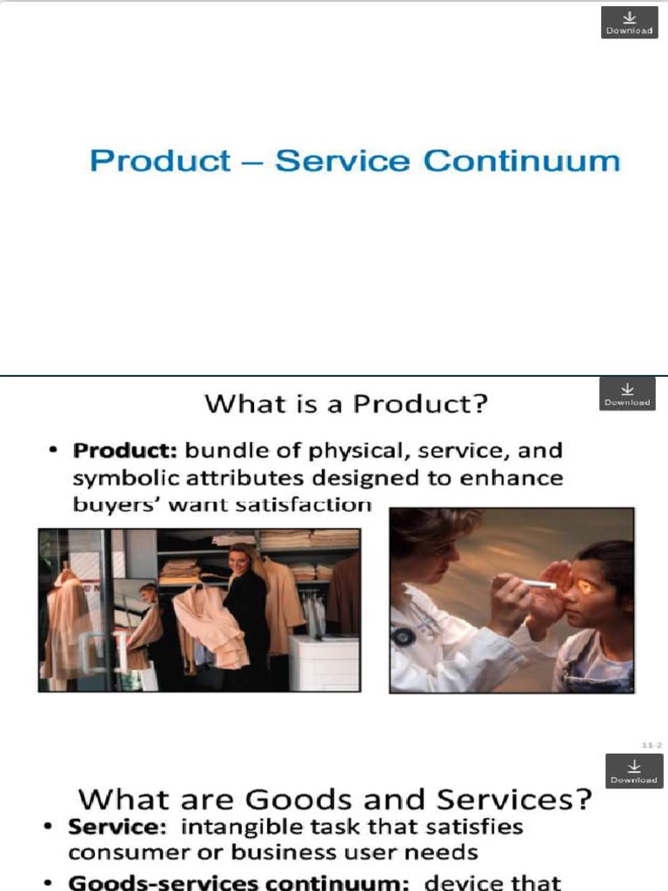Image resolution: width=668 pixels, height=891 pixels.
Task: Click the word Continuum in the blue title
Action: point(522,162)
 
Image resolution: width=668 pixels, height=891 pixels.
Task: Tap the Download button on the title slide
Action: point(630,23)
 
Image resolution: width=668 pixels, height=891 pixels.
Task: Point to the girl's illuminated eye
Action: point(584,587)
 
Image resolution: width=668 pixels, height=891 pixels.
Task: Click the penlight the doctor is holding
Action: point(538,584)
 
